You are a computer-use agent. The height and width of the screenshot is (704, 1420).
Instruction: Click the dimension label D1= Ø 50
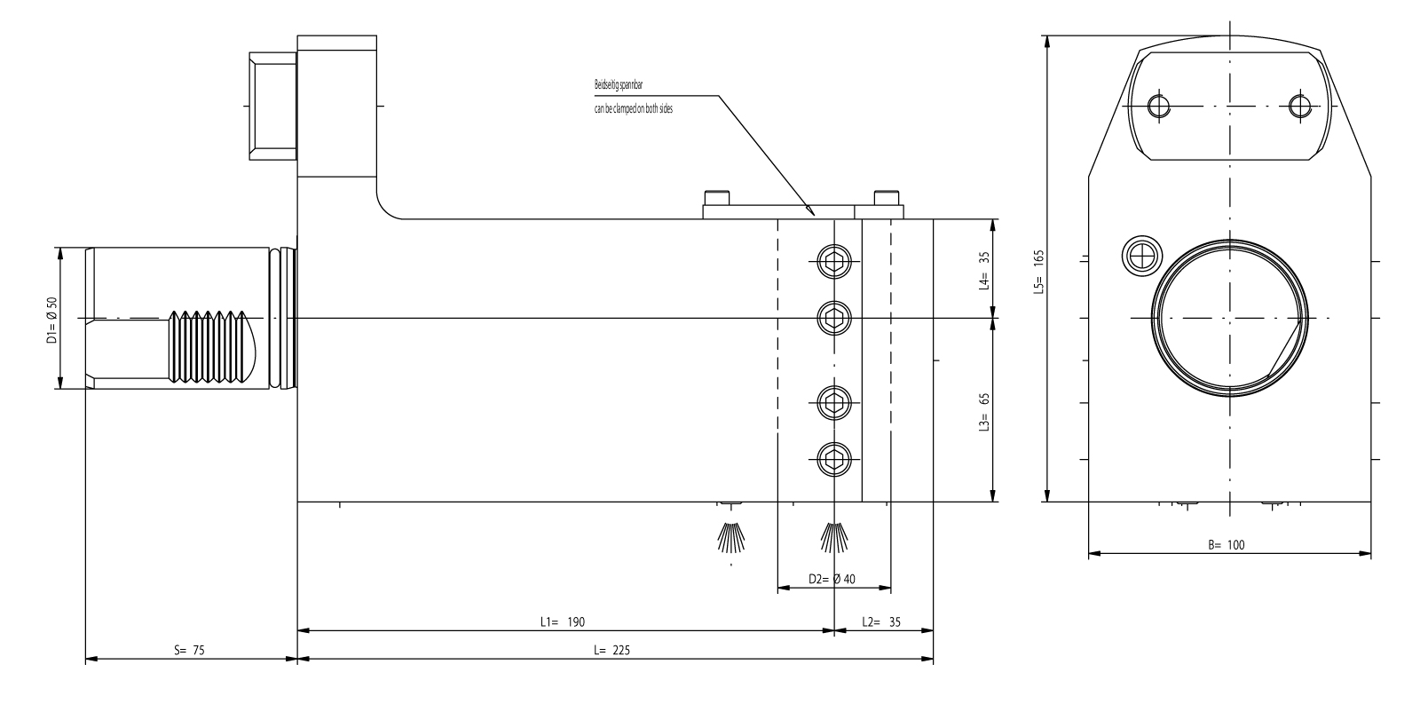click(x=52, y=319)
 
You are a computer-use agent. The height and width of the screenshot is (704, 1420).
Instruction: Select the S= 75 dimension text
click(x=189, y=650)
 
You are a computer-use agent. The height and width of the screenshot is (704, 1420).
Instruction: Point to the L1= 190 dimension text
click(x=563, y=622)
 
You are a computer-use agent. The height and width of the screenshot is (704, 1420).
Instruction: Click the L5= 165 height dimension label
click(x=1039, y=272)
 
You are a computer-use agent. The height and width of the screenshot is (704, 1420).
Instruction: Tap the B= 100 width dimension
click(x=1226, y=545)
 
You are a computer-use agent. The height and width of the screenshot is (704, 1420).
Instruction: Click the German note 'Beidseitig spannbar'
click(x=619, y=86)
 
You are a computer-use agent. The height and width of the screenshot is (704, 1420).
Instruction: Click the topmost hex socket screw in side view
click(x=834, y=261)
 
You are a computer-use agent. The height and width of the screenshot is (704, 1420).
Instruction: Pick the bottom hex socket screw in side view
click(x=834, y=458)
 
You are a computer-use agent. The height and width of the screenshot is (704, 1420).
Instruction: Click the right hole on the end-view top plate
click(x=1301, y=107)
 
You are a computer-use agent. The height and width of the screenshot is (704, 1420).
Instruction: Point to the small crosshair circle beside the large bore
click(x=1140, y=255)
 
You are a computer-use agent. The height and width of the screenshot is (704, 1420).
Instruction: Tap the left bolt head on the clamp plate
click(x=715, y=198)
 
